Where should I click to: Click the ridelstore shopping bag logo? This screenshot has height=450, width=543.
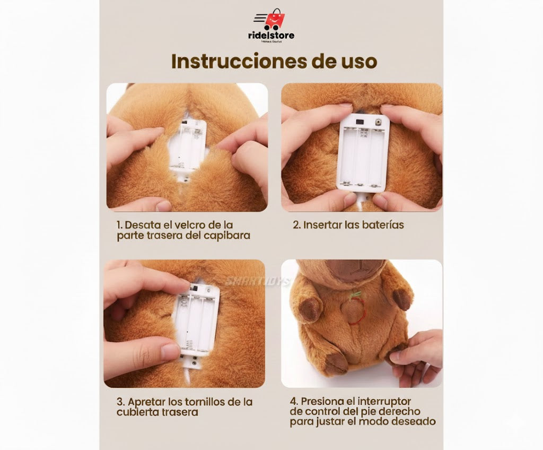click(x=274, y=20)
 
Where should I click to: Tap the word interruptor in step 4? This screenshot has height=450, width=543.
click(x=382, y=401)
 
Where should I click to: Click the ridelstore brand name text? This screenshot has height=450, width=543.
click(x=271, y=36)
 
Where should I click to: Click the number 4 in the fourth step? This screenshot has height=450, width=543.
click(x=293, y=401)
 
